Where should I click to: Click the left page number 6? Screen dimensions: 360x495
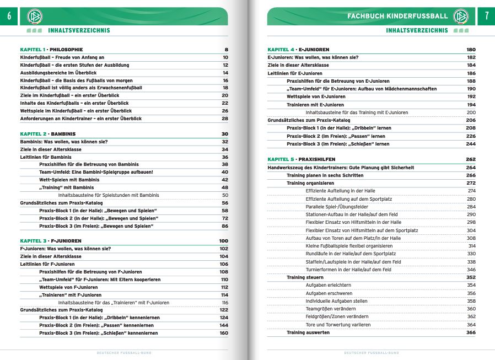[9, 16]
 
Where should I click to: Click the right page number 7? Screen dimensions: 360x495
[486, 16]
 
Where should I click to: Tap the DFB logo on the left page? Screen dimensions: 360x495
[34, 17]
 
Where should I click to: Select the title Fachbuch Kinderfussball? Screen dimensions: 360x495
[398, 16]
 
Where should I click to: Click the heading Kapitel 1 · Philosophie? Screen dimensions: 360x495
[51, 50]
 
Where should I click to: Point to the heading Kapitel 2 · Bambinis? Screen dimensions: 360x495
[48, 134]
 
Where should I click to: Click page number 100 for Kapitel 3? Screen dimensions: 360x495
[223, 241]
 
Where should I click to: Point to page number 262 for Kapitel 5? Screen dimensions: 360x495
[470, 160]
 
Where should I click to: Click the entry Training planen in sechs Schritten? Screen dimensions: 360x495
[325, 175]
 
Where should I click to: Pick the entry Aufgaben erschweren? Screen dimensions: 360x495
[329, 293]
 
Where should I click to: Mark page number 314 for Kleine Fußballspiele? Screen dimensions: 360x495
[471, 246]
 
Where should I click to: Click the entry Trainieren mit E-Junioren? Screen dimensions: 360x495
[315, 105]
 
